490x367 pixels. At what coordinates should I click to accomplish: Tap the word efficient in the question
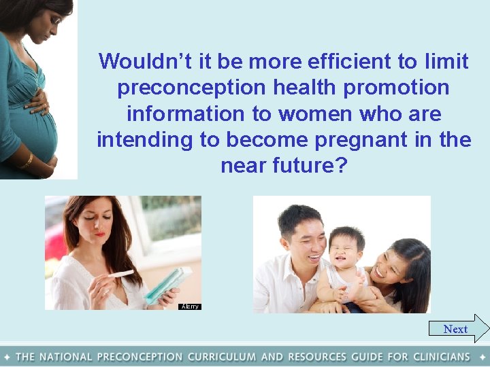pos(350,61)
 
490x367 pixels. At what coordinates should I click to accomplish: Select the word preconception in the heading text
pos(178,88)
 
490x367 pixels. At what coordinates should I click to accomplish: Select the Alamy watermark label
pos(190,307)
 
